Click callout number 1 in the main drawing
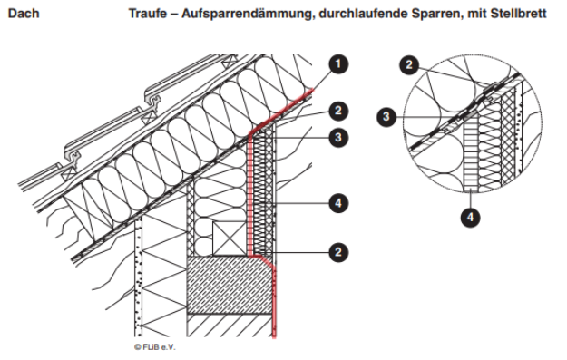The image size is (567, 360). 338,64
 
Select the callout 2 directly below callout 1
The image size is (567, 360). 338,111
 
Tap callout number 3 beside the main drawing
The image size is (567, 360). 338,137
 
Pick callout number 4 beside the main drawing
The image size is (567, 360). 338,203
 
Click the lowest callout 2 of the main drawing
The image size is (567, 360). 338,252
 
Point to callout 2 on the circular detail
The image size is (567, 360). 409,65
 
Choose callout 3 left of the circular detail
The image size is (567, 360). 386,116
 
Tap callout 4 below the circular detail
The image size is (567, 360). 470,218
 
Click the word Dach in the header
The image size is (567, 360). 24,14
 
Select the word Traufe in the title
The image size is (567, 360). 148,14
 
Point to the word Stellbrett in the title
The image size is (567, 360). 518,14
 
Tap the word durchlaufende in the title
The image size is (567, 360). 363,14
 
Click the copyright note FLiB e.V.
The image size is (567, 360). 155,347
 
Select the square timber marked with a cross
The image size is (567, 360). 230,238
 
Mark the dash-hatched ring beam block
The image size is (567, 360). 230,285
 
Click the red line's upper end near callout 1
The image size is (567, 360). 312,90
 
